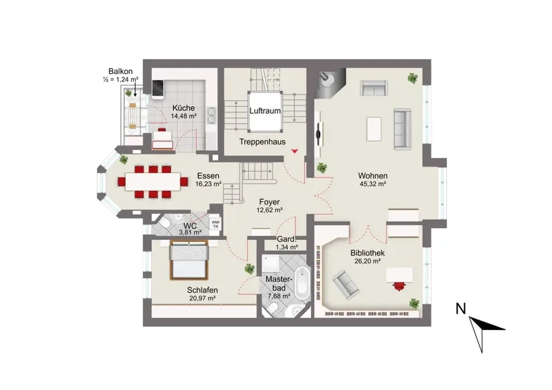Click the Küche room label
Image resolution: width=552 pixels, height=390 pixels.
pos(184,108)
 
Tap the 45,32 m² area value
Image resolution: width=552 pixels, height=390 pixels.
pos(373,183)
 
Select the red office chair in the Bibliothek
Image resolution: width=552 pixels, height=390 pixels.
pos(399,285)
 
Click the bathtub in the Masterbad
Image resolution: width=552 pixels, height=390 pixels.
pos(302,283)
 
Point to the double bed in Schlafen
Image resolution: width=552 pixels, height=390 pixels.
pos(189,260)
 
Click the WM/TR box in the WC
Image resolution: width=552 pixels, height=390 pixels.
pos(215,224)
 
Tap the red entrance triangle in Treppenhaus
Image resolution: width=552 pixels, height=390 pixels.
pos(295,151)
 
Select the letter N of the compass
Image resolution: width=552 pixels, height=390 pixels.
pos(460,309)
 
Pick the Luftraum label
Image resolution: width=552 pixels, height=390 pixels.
pos(265,111)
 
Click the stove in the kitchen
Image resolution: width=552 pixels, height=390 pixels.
pos(157,88)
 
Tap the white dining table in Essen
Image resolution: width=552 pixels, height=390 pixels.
pos(152,181)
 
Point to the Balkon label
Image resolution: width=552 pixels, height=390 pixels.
pos(120,72)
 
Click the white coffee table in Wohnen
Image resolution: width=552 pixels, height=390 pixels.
pos(374,129)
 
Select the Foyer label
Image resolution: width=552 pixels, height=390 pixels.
pos(269,202)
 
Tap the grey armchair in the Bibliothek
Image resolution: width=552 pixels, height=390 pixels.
pos(346,285)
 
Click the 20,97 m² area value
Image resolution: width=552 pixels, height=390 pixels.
pos(202,298)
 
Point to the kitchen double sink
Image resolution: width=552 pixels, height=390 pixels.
pos(211,116)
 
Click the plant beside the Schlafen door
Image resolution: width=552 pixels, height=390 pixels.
pos(250,269)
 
